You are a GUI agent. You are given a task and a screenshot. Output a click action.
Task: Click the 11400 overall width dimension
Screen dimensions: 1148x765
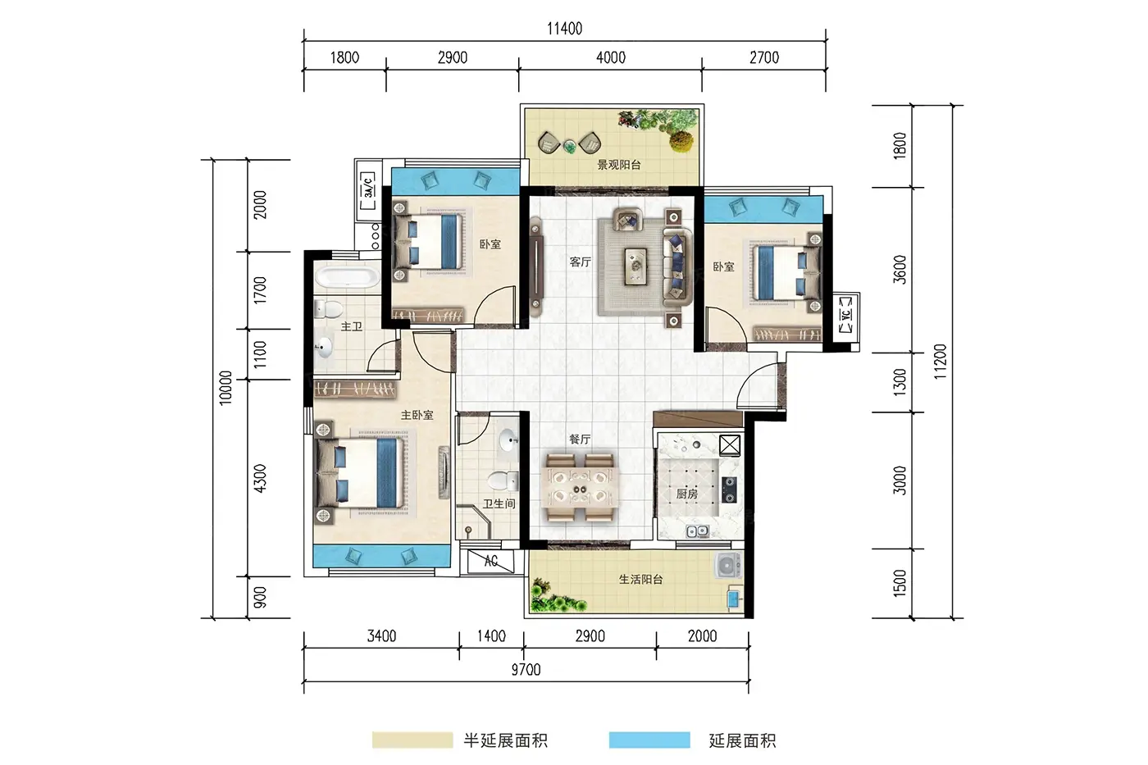564,29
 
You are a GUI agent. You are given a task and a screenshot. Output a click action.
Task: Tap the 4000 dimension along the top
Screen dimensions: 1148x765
611,57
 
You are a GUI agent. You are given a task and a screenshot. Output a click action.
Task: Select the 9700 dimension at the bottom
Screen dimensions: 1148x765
526,670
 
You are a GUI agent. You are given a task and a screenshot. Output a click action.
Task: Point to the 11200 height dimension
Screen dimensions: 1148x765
940,362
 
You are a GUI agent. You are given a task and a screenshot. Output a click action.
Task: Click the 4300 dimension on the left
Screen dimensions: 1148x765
261,478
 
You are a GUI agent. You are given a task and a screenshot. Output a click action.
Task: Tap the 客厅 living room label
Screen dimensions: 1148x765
581,262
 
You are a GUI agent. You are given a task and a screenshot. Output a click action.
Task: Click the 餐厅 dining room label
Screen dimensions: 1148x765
580,439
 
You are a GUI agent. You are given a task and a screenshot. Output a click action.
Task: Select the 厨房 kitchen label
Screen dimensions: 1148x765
687,494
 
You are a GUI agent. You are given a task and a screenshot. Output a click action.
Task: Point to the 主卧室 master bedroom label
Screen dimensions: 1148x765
417,415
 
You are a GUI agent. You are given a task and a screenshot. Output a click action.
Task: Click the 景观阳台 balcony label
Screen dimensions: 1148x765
619,165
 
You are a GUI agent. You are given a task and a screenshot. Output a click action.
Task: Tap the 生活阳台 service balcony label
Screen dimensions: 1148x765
640,580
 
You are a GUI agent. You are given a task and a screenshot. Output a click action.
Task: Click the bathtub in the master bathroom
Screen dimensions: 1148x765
347,276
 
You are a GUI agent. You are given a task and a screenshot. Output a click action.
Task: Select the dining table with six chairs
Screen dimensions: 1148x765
581,487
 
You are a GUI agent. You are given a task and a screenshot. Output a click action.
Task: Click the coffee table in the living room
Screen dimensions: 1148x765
636,266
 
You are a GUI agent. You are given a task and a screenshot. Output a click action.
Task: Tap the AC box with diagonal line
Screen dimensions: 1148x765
490,562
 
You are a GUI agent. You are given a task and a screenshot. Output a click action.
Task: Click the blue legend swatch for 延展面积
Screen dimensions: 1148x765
649,740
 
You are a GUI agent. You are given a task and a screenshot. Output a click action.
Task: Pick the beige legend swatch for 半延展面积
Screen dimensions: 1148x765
412,740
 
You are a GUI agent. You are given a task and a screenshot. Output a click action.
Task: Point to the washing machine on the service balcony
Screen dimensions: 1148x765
728,566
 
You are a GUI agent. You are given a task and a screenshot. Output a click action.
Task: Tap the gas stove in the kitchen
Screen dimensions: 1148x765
729,490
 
